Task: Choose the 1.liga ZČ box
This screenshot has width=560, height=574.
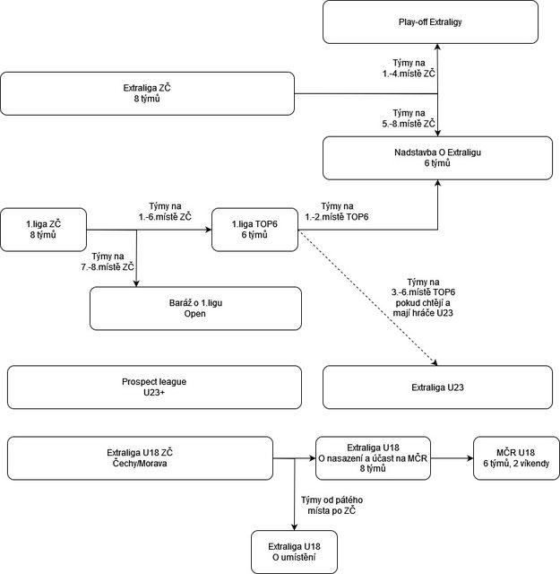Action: [43, 228]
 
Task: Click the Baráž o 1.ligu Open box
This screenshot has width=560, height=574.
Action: [194, 309]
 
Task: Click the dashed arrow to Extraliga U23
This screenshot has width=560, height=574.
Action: [367, 299]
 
